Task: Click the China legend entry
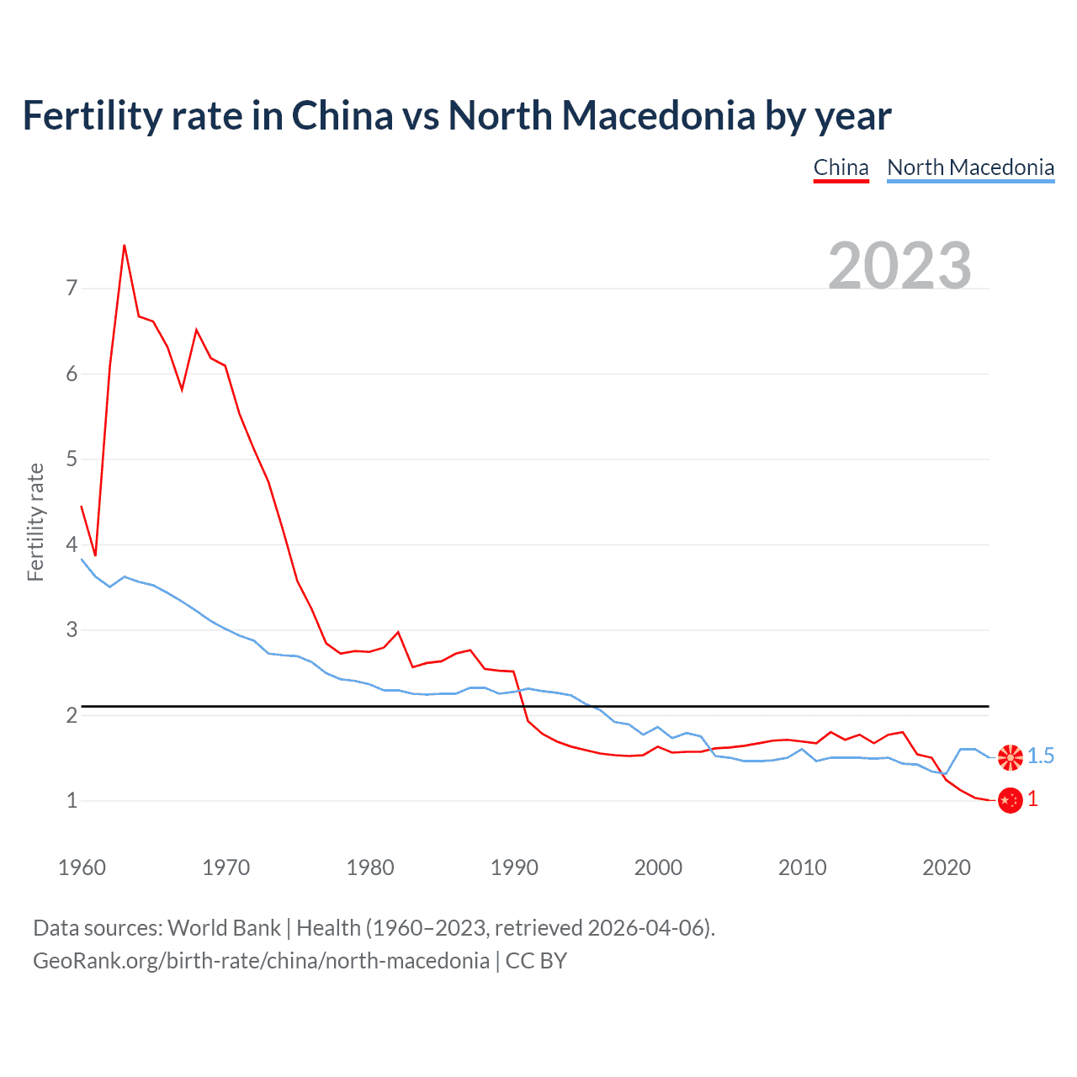(x=841, y=167)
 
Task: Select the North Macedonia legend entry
(x=970, y=167)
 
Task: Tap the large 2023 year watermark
(x=899, y=266)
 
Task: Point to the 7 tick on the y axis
(x=72, y=288)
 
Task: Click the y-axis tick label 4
(x=72, y=544)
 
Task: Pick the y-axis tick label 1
(x=72, y=800)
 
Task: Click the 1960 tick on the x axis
(x=82, y=867)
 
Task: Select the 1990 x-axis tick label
(x=514, y=867)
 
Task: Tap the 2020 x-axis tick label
(x=947, y=867)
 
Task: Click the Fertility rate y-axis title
(x=35, y=522)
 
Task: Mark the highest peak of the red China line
(x=125, y=246)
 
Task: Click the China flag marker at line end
(x=1010, y=800)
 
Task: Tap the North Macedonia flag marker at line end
(x=1010, y=756)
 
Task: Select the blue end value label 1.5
(x=1041, y=756)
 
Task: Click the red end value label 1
(x=1033, y=799)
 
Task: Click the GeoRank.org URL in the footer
(x=261, y=961)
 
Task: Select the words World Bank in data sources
(x=224, y=928)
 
